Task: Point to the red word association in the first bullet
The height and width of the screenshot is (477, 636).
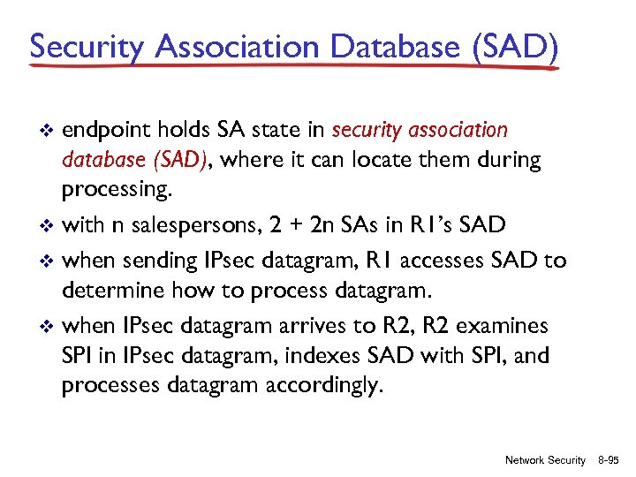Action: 459,131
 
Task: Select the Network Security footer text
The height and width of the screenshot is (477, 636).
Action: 544,460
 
